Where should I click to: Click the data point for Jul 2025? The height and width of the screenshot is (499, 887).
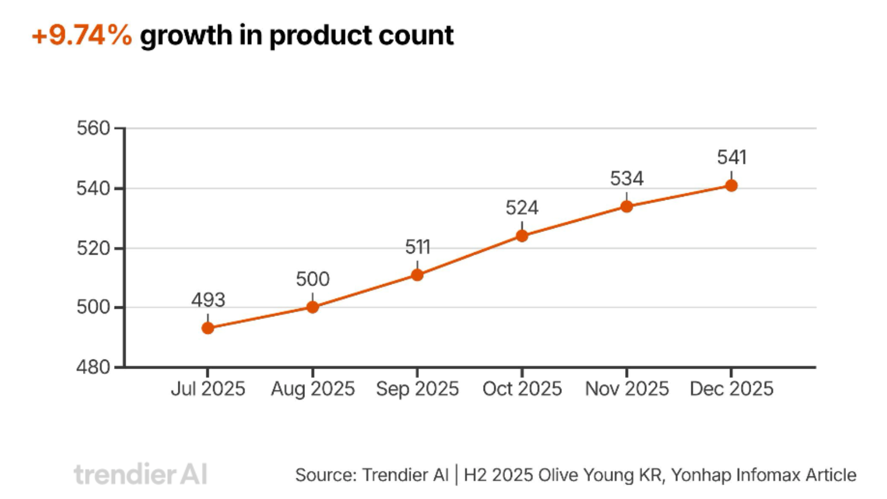pos(208,328)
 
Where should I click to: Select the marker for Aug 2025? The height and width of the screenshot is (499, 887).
pos(313,307)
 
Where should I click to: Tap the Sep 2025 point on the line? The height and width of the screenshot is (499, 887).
pos(417,275)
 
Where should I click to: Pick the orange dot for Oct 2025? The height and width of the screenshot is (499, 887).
pos(522,236)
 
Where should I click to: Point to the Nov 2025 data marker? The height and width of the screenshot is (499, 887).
pos(626,207)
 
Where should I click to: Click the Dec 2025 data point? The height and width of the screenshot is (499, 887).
pos(731,186)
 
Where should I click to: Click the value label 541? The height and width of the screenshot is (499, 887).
pos(731,158)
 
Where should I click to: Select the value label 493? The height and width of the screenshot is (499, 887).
pos(208,300)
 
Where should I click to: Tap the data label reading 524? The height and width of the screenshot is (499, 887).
pos(522,208)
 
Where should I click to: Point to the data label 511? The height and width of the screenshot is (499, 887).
pos(417,247)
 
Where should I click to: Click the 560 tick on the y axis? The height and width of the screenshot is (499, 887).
pos(93,128)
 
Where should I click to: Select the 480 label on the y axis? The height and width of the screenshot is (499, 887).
pos(93,367)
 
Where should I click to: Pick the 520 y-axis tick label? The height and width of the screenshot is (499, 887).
pos(93,249)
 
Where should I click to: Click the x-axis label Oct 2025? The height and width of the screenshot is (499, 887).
pos(522,389)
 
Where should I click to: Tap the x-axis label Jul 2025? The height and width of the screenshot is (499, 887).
pos(208,389)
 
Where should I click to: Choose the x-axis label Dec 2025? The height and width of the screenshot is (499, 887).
pos(731,389)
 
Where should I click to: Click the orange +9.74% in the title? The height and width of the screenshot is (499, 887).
pos(82,36)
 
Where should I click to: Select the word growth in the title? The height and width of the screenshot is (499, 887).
pos(186,36)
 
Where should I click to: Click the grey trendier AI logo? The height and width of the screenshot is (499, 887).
pos(140,475)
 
